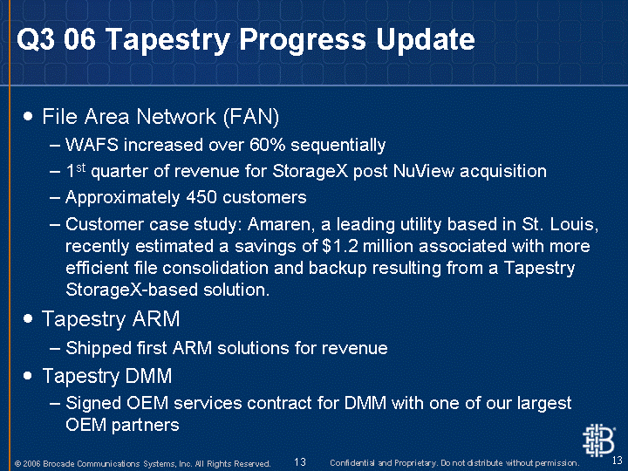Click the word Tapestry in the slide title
[168, 40]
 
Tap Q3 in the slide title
[35, 39]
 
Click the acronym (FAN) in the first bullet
[250, 117]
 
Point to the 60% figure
[267, 145]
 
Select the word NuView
[424, 171]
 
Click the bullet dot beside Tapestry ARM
[28, 319]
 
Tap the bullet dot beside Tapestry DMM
[28, 376]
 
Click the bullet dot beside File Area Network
[28, 116]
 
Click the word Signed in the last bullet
[93, 403]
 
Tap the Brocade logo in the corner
[598, 440]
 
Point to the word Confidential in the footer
[353, 463]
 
